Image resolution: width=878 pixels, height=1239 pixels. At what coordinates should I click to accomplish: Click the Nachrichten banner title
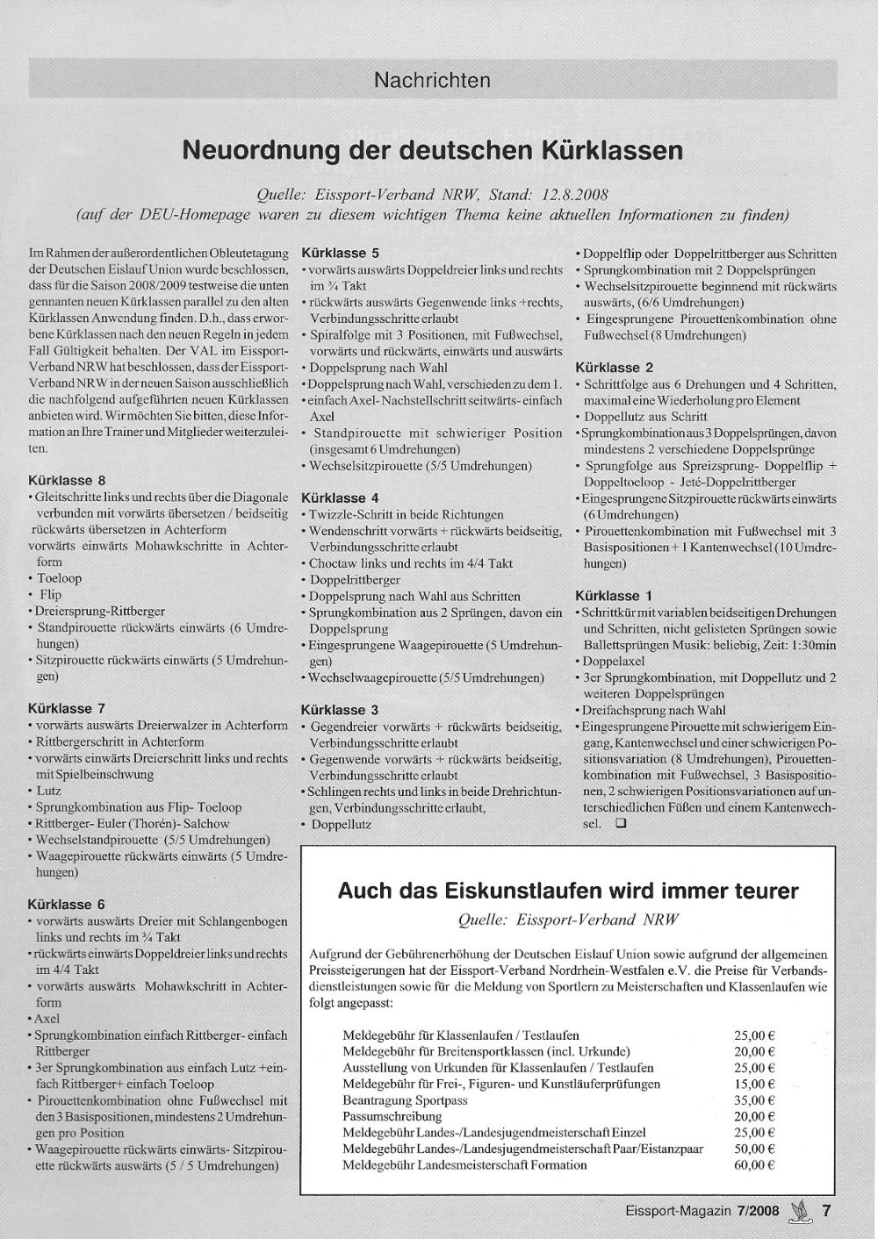[x=432, y=80]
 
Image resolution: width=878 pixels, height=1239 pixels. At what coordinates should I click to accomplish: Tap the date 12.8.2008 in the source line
[x=575, y=194]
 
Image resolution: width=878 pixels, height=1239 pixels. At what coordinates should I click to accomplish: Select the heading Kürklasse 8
[x=67, y=480]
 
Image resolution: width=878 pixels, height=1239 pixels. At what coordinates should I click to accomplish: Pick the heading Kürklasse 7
[x=67, y=708]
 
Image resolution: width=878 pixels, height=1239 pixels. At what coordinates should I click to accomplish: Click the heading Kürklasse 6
[x=67, y=904]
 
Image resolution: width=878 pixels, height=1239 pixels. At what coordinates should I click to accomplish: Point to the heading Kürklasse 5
[x=340, y=253]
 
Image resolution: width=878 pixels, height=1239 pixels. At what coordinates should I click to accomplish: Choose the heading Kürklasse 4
[x=340, y=498]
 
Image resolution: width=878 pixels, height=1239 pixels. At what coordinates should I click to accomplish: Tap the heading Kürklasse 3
[x=340, y=709]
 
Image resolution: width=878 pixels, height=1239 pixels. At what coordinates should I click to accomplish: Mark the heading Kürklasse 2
[x=614, y=367]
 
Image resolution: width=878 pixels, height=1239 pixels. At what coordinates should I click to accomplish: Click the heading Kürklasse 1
[x=614, y=595]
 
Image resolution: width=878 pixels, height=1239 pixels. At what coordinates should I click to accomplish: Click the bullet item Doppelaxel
[x=614, y=661]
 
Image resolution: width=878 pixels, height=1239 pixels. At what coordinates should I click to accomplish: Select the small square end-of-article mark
[x=621, y=824]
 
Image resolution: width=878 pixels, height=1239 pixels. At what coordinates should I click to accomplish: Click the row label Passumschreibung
[x=392, y=1116]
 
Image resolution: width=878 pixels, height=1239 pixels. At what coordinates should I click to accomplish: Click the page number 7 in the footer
[x=825, y=1210]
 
